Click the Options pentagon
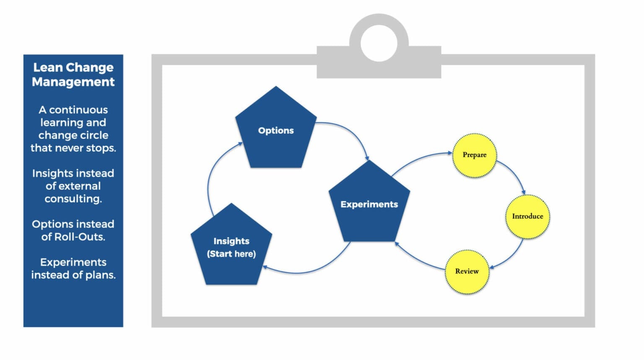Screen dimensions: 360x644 (x=276, y=130)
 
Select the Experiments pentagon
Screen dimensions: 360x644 (x=369, y=204)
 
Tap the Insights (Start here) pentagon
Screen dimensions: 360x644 (x=231, y=247)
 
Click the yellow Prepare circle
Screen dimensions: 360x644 (x=475, y=155)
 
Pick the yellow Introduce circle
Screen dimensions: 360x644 (x=527, y=217)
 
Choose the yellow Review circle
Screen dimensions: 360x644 (x=467, y=271)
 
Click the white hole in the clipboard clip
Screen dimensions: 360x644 (x=379, y=43)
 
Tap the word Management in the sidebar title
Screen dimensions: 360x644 (x=73, y=82)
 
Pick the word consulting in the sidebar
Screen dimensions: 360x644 (x=73, y=199)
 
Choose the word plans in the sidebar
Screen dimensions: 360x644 (x=100, y=275)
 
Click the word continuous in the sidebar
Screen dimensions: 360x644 (x=78, y=110)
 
